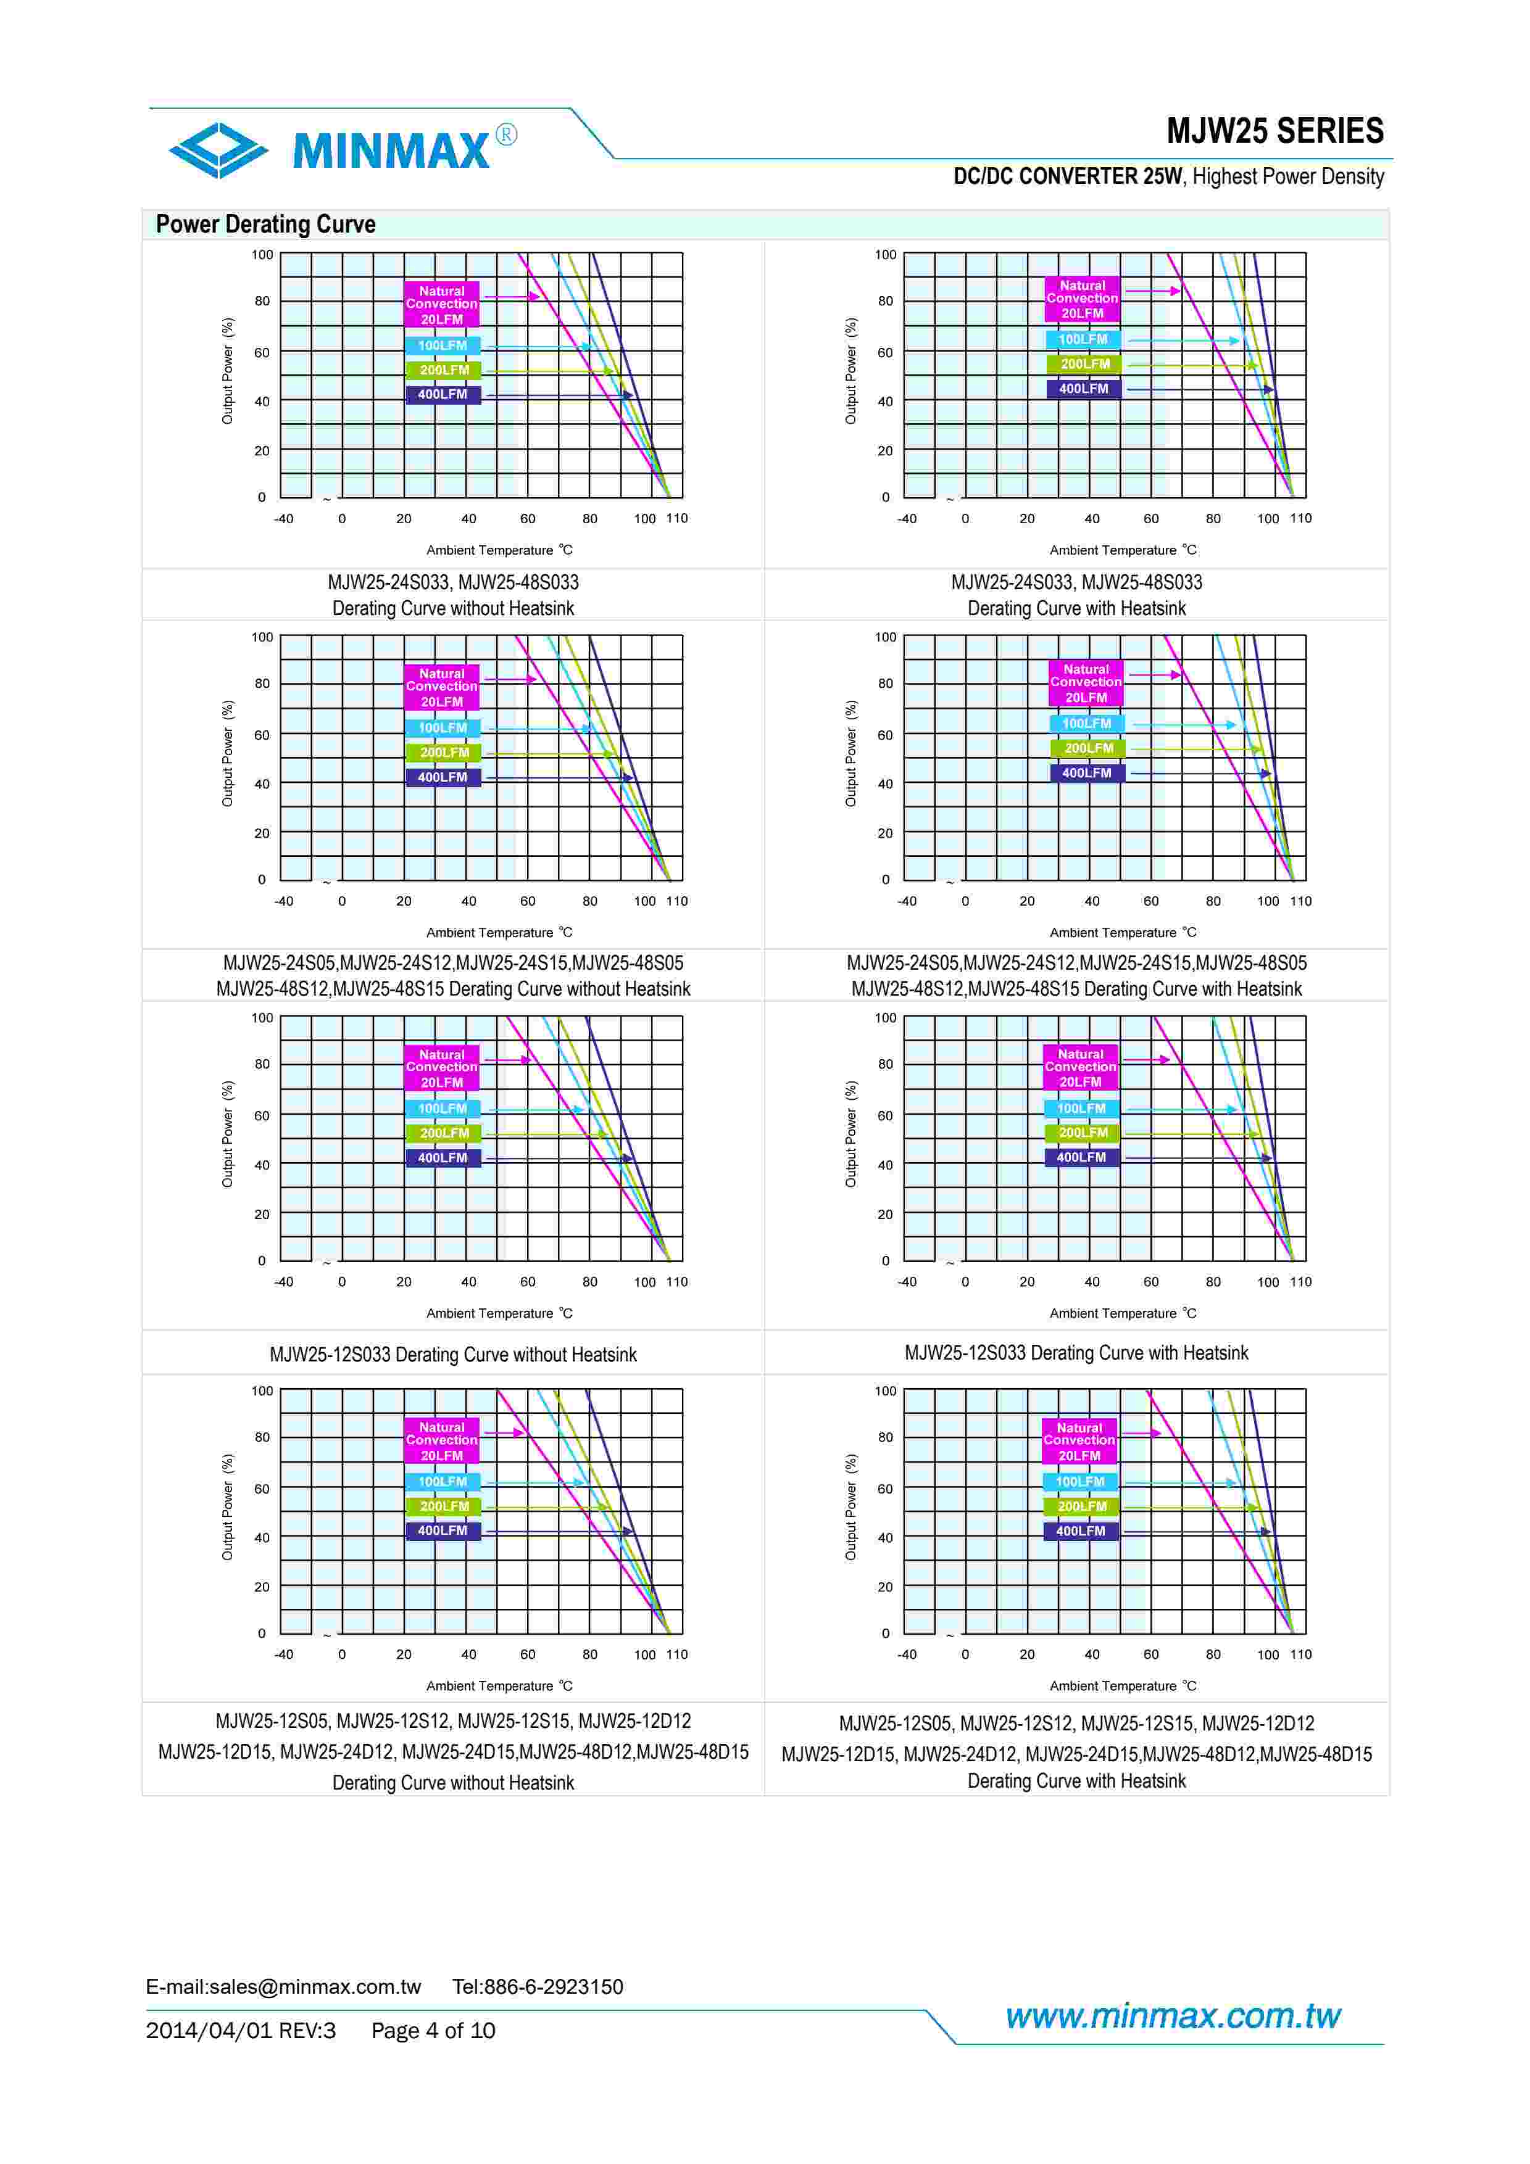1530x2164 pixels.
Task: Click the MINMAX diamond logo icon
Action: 218,150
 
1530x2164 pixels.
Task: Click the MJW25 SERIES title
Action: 1274,131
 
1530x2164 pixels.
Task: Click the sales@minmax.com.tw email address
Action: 315,1987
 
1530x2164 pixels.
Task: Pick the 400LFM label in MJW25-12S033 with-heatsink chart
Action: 1081,1157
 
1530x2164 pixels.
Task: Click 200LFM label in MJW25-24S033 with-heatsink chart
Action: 1084,364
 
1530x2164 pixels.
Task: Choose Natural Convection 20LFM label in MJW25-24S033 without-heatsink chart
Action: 441,305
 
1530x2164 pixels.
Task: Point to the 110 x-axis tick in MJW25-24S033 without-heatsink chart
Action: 677,518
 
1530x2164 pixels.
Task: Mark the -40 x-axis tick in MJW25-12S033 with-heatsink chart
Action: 907,1282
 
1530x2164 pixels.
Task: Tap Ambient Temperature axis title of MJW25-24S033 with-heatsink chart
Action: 1122,550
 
